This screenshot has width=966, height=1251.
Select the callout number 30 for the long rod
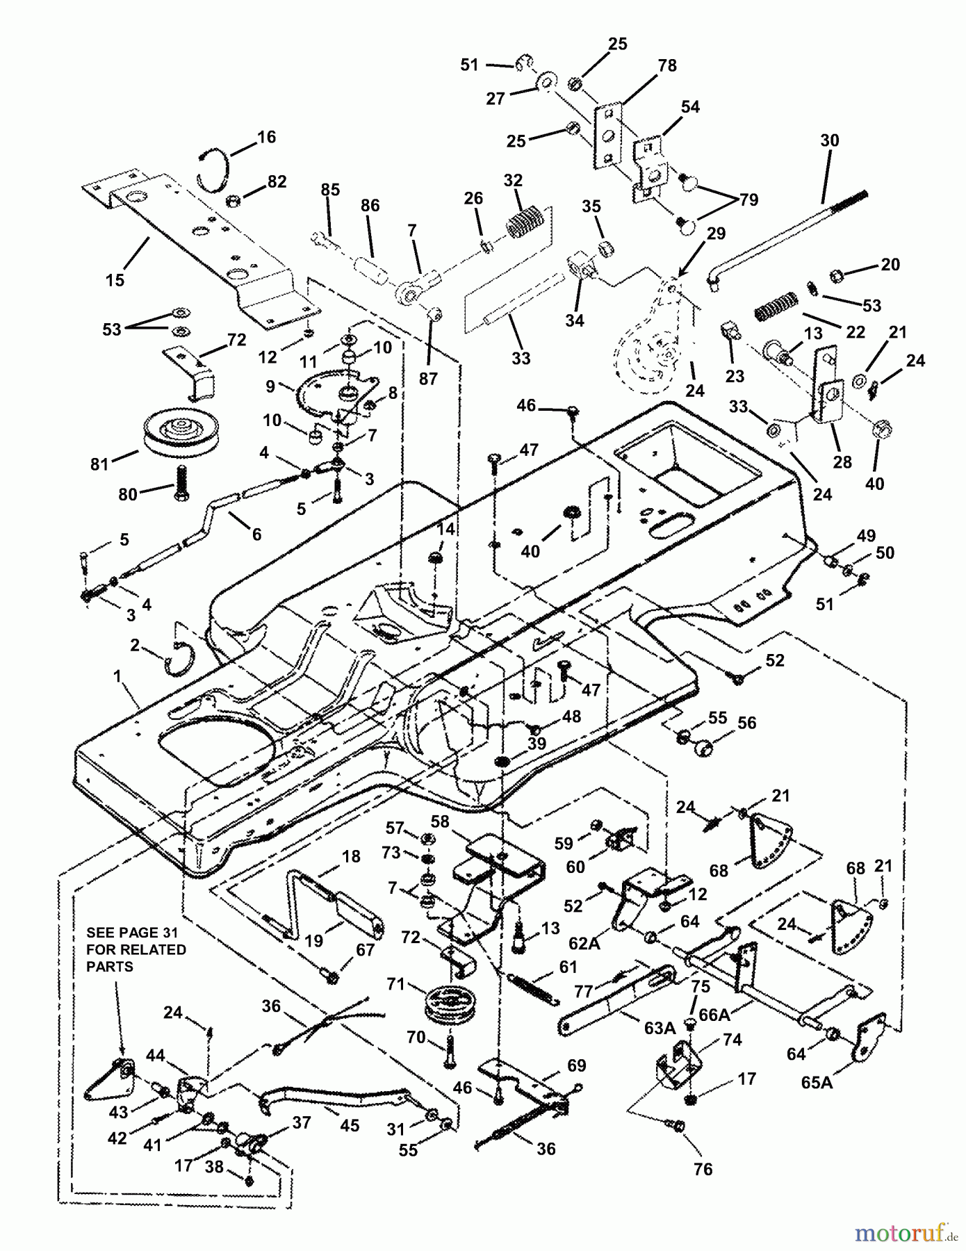pos(829,140)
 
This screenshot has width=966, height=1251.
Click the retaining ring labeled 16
pos(211,167)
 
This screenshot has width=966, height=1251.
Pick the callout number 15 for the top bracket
pos(115,279)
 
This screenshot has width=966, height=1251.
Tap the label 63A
pos(660,1027)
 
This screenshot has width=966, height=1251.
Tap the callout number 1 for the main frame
pos(118,676)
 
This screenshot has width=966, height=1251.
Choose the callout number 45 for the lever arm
pos(350,1125)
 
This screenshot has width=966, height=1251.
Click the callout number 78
pos(666,65)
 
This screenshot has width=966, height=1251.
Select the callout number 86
pos(370,206)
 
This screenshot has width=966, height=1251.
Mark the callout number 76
pos(703,1169)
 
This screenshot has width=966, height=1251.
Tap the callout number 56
pos(746,723)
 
